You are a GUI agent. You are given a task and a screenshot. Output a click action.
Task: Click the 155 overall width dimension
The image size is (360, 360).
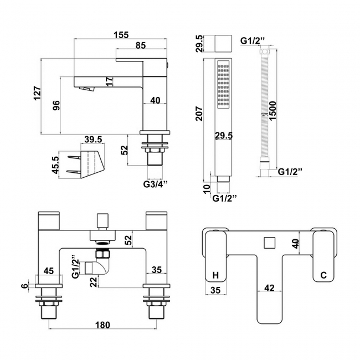[121, 34]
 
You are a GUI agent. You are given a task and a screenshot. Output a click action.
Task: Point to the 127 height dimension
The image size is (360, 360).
[37, 95]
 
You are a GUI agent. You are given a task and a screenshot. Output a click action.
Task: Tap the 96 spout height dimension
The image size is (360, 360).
[56, 106]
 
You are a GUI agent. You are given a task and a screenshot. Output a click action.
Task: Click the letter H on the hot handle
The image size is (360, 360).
[216, 275]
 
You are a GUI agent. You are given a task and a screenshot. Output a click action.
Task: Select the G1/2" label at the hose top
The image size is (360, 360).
[253, 40]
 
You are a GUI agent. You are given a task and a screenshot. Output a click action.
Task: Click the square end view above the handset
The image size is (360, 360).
[224, 43]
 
